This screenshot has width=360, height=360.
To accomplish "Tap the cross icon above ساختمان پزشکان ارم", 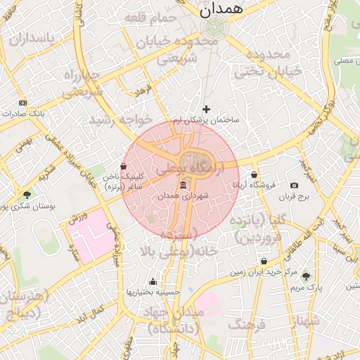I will click(206, 109).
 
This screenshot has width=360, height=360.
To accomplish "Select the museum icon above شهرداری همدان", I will click(184, 185).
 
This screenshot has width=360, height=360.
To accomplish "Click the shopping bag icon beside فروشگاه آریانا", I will click(254, 174).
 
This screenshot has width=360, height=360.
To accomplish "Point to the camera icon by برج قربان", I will click(294, 186).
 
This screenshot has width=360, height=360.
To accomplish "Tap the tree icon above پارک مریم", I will click(305, 276).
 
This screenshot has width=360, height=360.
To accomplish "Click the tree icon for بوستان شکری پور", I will click(27, 195).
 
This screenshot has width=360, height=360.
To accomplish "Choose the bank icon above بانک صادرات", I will click(22, 103).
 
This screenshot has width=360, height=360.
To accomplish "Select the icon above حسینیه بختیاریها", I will click(153, 281).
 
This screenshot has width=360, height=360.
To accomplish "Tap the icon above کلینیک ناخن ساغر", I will click(124, 167).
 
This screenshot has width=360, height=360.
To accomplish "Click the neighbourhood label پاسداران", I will click(30, 41).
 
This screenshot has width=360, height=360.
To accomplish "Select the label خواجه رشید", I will click(110, 119).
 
